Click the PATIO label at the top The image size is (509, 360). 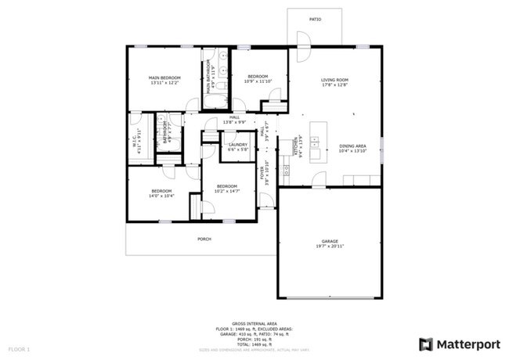tap(315, 19)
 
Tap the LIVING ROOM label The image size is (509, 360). tap(334, 80)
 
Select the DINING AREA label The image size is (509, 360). tap(352, 146)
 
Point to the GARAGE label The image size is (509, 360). tap(330, 241)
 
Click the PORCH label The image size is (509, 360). tap(204, 239)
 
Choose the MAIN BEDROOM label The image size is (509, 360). tap(165, 77)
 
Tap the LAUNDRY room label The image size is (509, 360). tap(237, 145)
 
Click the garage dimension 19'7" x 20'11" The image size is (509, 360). tap(330, 246)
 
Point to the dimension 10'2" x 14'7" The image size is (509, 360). tap(228, 190)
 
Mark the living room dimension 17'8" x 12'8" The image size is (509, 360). tap(334, 85)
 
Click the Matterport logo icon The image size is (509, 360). tap(425, 344)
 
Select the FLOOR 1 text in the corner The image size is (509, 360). tap(19, 347)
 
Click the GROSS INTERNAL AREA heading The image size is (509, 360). tap(254, 322)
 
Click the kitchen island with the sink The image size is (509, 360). tap(317, 142)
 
